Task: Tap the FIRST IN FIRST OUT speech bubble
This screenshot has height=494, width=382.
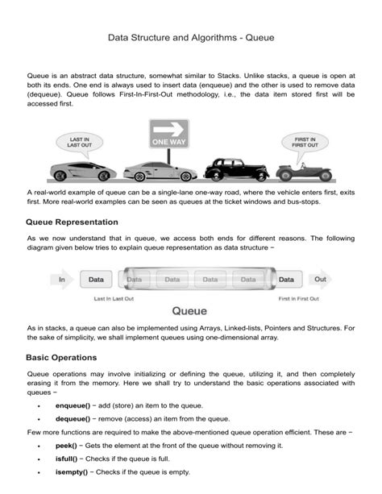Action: (304, 143)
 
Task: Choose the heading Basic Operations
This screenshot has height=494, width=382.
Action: (61, 356)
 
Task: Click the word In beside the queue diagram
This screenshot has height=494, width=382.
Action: (61, 280)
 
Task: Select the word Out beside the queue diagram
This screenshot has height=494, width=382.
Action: (321, 280)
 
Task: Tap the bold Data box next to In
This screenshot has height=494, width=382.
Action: (96, 280)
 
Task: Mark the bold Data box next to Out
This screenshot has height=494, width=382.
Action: (286, 280)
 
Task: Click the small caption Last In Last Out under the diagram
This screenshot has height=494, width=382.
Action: (114, 298)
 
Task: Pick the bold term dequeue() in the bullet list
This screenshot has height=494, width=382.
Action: (73, 418)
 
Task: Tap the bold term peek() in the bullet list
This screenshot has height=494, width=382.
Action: (66, 445)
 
